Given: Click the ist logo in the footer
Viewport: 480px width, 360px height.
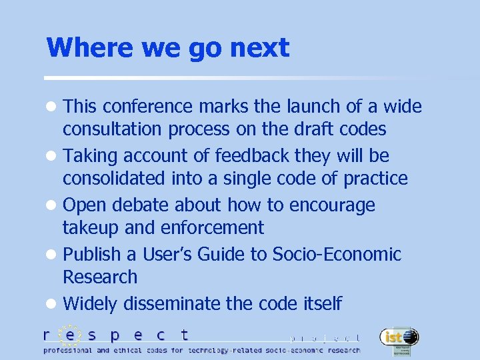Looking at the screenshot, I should pos(399,339).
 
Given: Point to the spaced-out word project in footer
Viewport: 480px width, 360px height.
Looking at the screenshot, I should pos(325,338).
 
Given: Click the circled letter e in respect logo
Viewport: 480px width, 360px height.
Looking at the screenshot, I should pos(70,335).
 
